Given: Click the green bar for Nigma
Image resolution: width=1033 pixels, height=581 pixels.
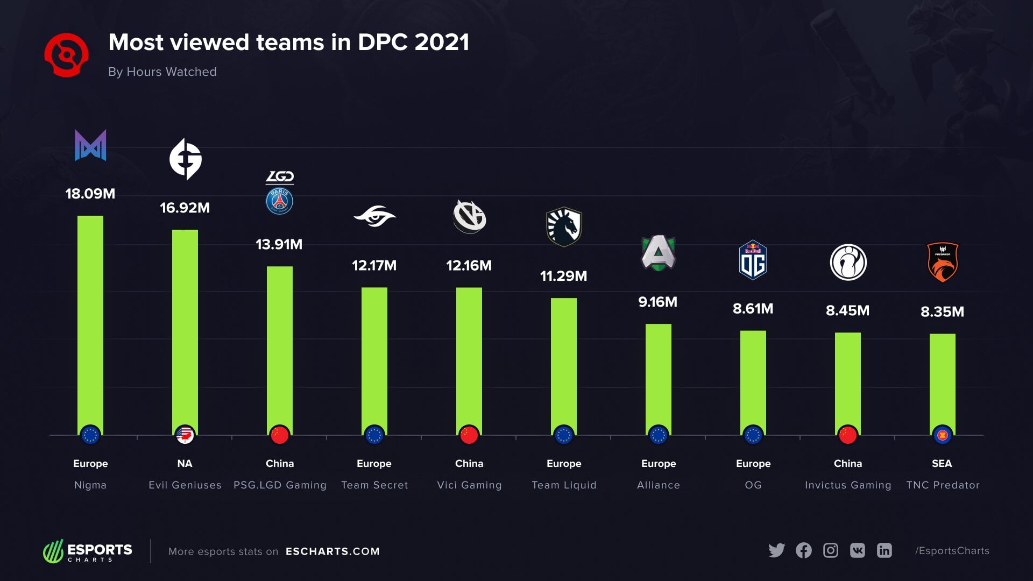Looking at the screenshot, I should click(90, 323).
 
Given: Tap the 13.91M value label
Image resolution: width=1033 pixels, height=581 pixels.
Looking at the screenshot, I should click(279, 244).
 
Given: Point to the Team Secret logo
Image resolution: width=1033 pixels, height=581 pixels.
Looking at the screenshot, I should click(374, 217).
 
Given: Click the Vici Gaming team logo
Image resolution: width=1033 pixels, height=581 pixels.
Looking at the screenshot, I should click(469, 217).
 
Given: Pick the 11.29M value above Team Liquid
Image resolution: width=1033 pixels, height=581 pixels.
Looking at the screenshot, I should click(563, 276).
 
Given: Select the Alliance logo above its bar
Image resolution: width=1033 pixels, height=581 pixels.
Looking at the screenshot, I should click(659, 253).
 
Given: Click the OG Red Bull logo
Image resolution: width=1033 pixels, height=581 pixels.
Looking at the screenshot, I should click(753, 260).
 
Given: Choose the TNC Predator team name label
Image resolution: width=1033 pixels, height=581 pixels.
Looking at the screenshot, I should click(943, 485).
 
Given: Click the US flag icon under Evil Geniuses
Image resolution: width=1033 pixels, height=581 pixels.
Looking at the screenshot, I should click(185, 435).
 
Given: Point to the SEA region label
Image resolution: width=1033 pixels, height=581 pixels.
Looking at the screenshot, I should click(942, 463).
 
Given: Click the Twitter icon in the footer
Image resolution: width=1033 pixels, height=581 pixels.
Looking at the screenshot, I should click(776, 550).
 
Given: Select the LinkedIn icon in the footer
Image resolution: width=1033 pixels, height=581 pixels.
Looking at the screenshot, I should click(884, 550).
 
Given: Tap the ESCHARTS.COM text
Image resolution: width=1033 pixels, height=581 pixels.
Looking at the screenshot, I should click(332, 551).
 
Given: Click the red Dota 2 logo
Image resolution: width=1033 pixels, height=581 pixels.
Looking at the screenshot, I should click(67, 55).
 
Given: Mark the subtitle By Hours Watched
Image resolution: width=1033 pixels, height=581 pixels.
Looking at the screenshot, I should click(162, 72).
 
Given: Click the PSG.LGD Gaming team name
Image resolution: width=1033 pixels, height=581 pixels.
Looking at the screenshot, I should click(280, 485).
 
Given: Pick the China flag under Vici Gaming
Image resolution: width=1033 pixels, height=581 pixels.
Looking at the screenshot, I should click(469, 435).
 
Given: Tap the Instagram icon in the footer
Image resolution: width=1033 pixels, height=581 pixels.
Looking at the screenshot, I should click(830, 550).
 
